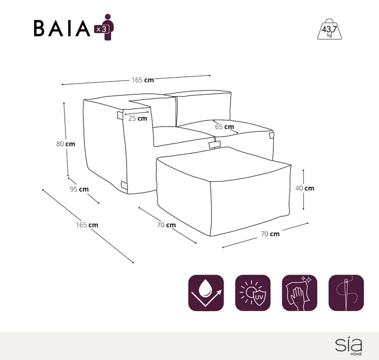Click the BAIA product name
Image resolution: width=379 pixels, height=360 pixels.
click(62, 28)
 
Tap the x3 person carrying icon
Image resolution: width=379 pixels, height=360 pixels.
click(105, 27)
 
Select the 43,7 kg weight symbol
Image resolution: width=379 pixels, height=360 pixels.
click(329, 29)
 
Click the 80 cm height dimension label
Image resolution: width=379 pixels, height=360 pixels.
click(66, 144)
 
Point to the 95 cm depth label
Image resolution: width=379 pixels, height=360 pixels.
click(79, 189)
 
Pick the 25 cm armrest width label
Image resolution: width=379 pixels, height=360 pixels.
click(137, 118)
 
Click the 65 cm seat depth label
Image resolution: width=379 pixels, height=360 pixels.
click(225, 127)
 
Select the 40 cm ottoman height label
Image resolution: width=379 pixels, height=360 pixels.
click(305, 188)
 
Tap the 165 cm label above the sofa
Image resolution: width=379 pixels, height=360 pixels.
click(143, 80)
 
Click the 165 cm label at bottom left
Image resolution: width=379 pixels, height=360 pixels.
click(87, 225)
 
